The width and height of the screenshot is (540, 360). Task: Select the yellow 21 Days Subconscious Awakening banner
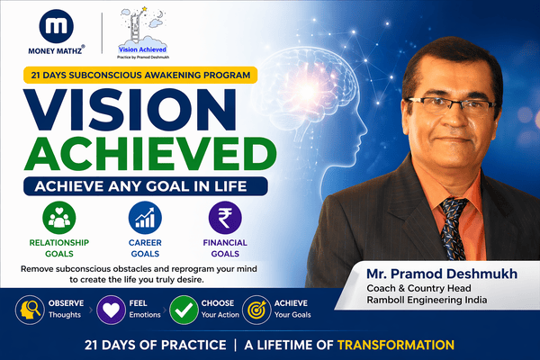pyautogui.click(x=135, y=76)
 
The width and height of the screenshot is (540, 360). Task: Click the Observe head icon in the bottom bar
pyautogui.click(x=27, y=309)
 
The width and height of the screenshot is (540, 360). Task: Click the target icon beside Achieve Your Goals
pyautogui.click(x=256, y=309)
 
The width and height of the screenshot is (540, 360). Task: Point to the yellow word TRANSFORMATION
pyautogui.click(x=394, y=344)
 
